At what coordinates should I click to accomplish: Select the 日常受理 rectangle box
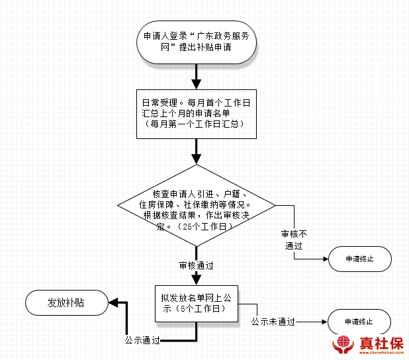coord(196,113)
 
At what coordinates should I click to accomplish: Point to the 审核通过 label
coord(196,265)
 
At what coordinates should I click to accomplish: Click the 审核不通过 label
coord(292,240)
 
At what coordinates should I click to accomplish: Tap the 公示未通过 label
coord(273,322)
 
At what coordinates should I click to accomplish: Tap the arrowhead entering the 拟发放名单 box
coord(196,279)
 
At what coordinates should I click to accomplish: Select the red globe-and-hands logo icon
coord(343,345)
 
